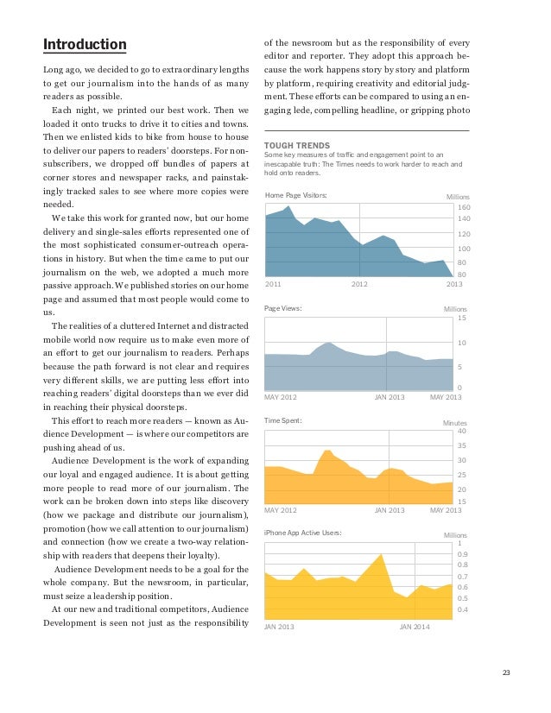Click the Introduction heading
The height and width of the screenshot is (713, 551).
pyautogui.click(x=85, y=44)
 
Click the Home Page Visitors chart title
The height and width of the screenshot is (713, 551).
pyautogui.click(x=295, y=196)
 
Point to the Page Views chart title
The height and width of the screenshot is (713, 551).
pyautogui.click(x=282, y=307)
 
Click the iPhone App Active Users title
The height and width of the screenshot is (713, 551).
pyautogui.click(x=302, y=533)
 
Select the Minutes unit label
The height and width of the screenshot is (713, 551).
pyautogui.click(x=454, y=423)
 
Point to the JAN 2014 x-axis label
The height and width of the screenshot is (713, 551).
pyautogui.click(x=415, y=625)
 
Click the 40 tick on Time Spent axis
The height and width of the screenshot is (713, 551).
pyautogui.click(x=461, y=431)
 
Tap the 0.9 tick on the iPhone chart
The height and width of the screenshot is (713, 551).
pyautogui.click(x=462, y=554)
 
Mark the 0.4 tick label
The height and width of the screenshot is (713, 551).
pyautogui.click(x=462, y=610)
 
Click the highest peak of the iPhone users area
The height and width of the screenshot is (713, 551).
pyautogui.click(x=380, y=554)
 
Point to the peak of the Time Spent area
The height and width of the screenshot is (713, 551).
pyautogui.click(x=327, y=450)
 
